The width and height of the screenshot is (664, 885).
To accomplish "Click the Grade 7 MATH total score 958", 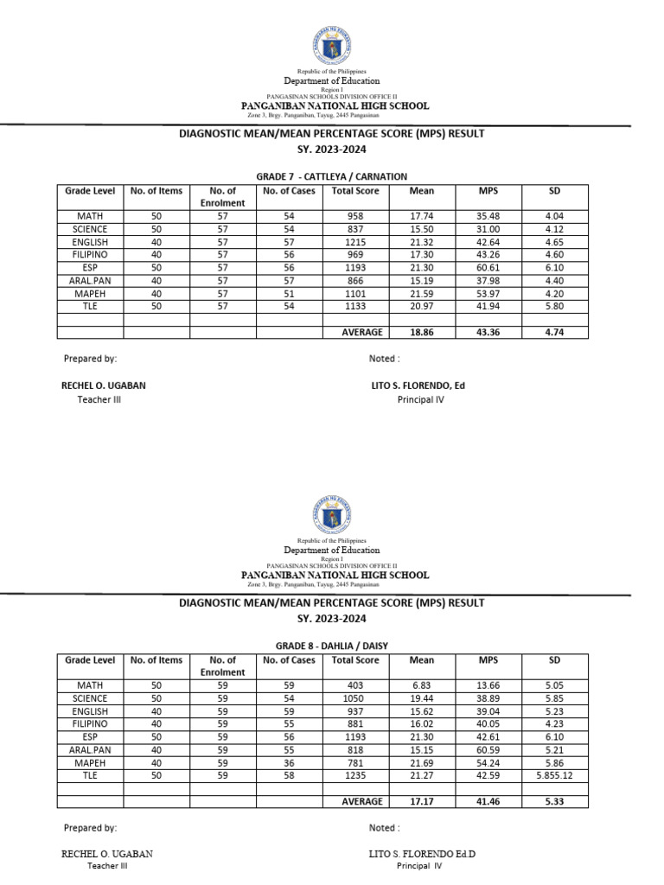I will coord(355,216).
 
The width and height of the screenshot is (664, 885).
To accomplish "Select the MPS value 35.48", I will coord(488,216).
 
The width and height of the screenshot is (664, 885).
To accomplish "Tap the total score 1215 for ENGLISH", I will coord(355,242).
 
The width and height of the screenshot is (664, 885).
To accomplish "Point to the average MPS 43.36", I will coord(488,332).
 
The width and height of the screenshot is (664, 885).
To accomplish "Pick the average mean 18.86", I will coord(422,332).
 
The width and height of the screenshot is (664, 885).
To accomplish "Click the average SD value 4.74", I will coord(555,332).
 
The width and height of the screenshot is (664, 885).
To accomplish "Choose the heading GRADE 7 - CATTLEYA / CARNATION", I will coord(331,176).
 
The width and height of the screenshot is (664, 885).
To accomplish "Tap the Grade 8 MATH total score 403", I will coord(355,684).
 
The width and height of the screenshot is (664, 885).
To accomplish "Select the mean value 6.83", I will coord(422,684).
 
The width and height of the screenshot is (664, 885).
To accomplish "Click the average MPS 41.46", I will coord(488,801).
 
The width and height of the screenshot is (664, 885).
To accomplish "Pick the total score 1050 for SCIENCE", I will coord(355,697).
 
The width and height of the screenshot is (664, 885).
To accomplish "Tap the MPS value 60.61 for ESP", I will coord(488,268).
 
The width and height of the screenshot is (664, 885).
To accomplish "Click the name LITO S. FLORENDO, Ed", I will coord(418,385).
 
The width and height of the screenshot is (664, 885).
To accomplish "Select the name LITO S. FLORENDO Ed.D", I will coord(422,854).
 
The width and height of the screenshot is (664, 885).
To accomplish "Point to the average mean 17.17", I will coord(422,801).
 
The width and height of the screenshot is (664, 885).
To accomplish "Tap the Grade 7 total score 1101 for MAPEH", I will coord(355,293).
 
